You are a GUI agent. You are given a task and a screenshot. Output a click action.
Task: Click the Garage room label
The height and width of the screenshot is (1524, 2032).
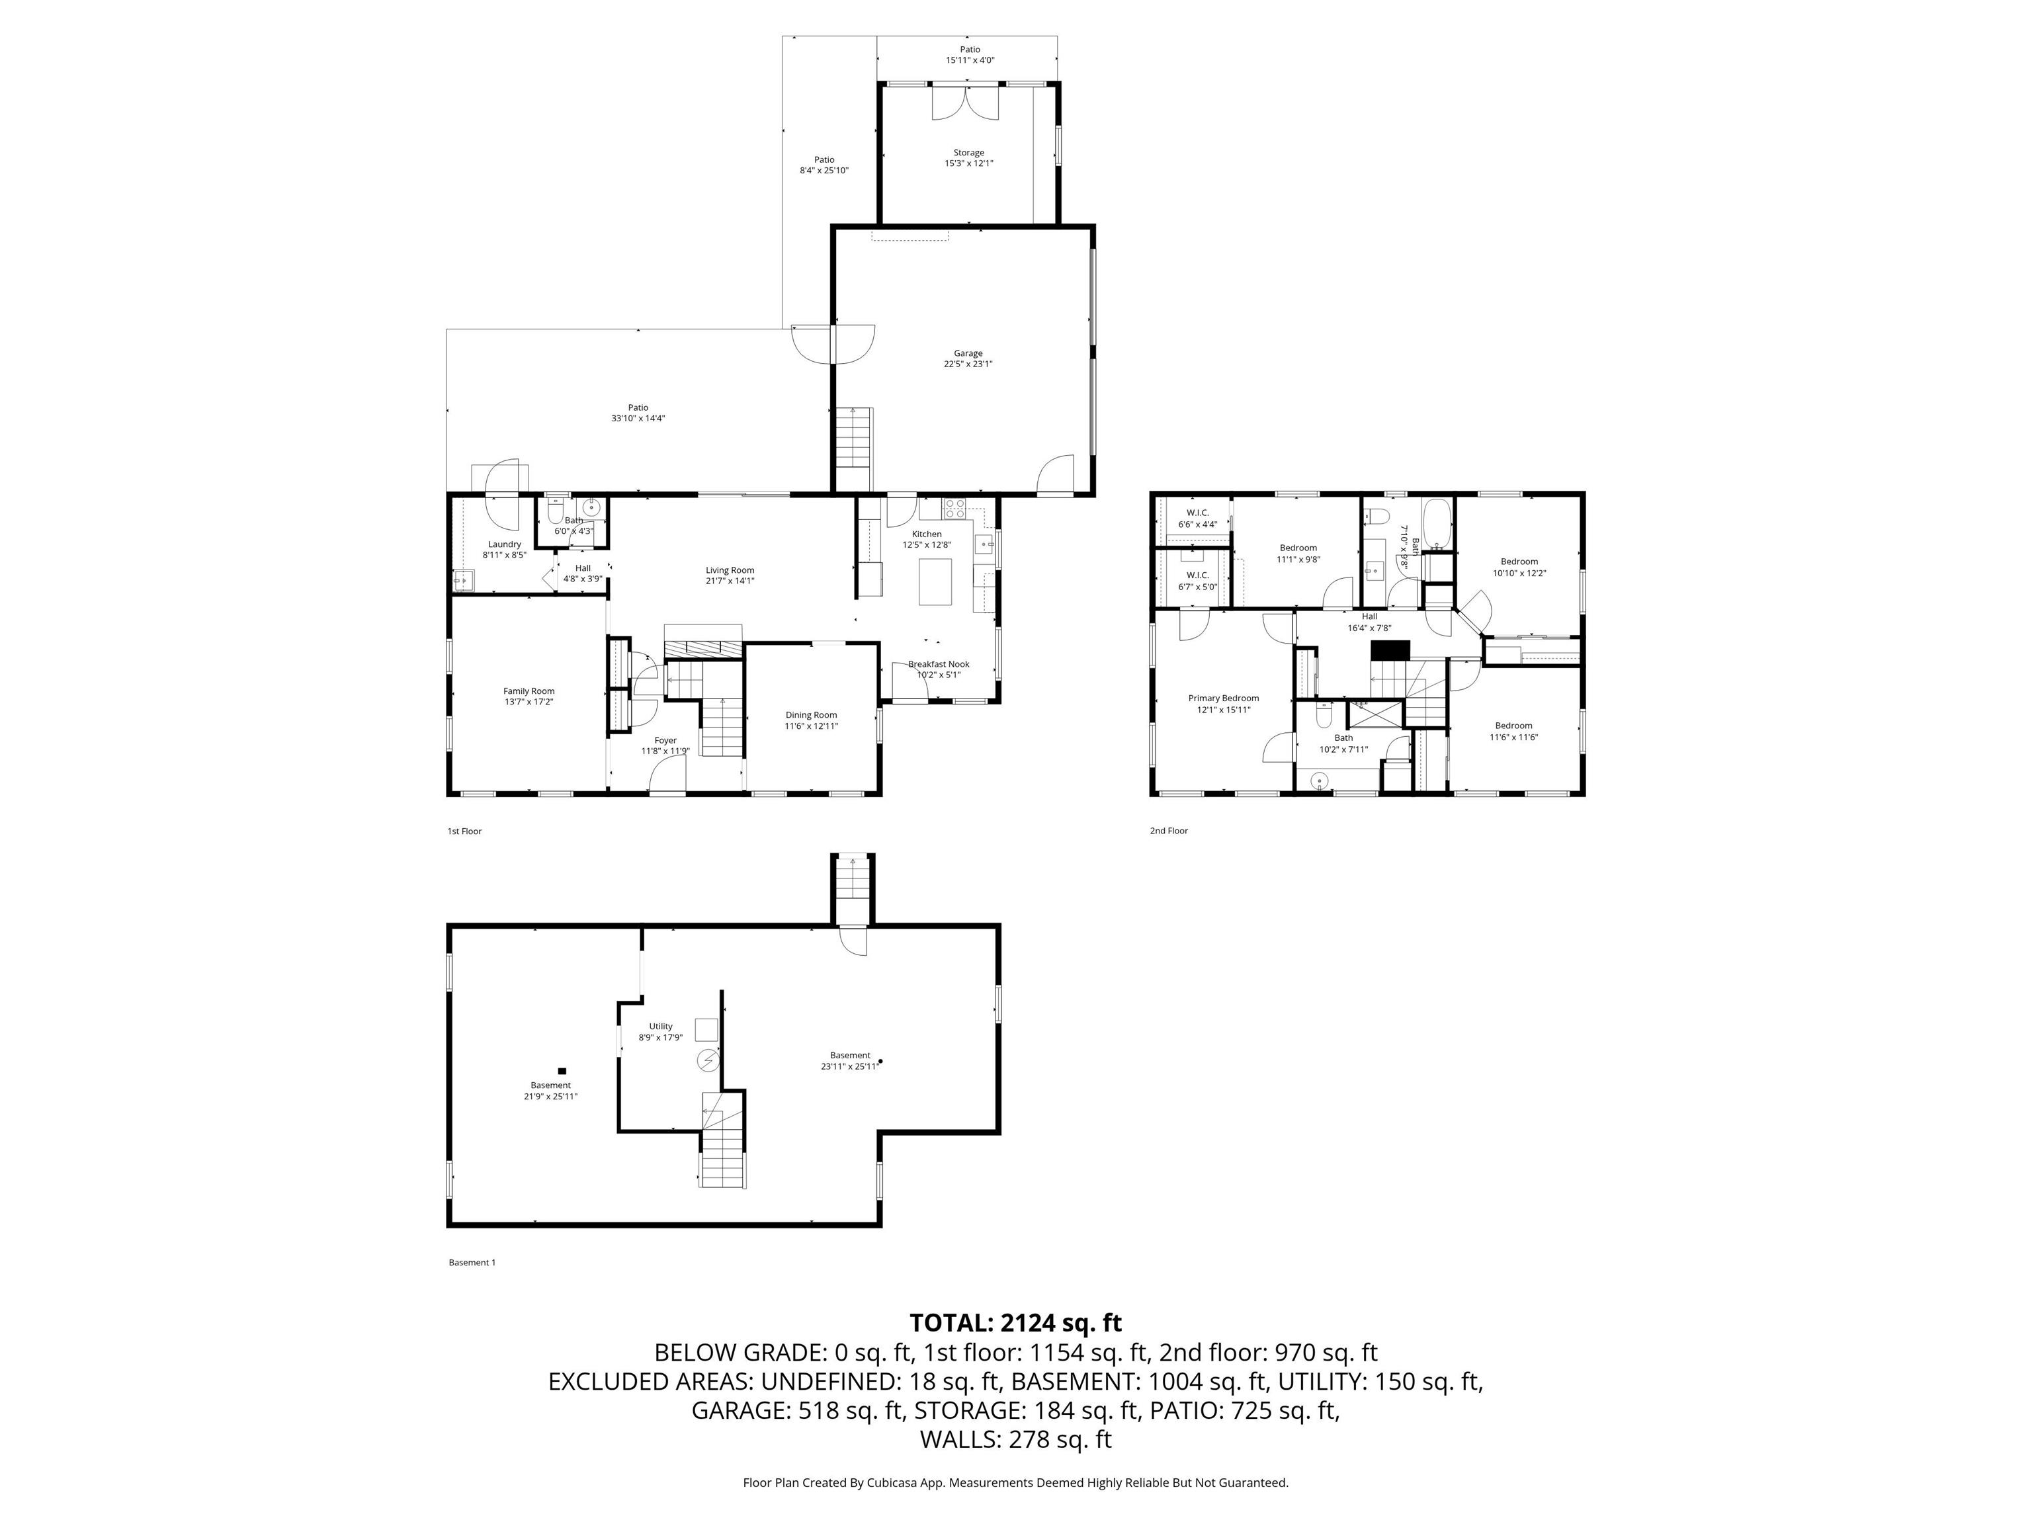tap(967, 353)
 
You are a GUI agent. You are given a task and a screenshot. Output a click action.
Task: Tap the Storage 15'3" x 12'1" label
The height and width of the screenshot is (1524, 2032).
tap(968, 158)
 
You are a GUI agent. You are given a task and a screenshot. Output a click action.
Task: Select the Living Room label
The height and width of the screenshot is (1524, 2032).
tap(730, 570)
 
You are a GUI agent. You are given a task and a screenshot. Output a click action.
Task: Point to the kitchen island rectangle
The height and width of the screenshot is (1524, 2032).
tap(936, 581)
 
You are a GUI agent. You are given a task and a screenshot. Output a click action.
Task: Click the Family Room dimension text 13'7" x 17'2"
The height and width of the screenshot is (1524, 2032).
tap(529, 702)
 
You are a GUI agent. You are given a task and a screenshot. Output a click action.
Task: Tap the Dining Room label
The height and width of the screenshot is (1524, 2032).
tap(810, 714)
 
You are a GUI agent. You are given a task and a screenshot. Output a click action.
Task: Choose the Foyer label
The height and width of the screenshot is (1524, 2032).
tap(665, 740)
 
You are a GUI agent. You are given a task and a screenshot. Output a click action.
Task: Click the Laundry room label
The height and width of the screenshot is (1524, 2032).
tap(504, 544)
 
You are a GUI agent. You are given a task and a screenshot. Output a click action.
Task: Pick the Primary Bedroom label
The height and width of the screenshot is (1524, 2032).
tap(1222, 698)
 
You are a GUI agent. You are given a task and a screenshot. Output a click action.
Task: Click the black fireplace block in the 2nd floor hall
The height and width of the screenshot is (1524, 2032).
tap(1390, 650)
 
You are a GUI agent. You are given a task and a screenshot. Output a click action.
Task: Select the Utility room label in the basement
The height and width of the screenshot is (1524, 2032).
tap(661, 1026)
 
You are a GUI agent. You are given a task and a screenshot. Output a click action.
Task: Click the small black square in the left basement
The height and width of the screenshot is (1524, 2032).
tap(562, 1070)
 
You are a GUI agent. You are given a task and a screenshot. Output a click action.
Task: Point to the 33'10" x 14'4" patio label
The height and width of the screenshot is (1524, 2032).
tap(638, 413)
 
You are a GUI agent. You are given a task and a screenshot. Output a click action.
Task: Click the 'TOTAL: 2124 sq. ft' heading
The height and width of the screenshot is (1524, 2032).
tap(1015, 1323)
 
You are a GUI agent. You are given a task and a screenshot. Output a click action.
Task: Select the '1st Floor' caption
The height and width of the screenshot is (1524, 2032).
tap(464, 831)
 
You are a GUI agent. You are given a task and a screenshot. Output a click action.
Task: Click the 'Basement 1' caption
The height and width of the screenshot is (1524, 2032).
tap(471, 1262)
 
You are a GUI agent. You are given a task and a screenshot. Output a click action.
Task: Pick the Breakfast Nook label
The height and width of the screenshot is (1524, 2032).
tap(938, 664)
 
